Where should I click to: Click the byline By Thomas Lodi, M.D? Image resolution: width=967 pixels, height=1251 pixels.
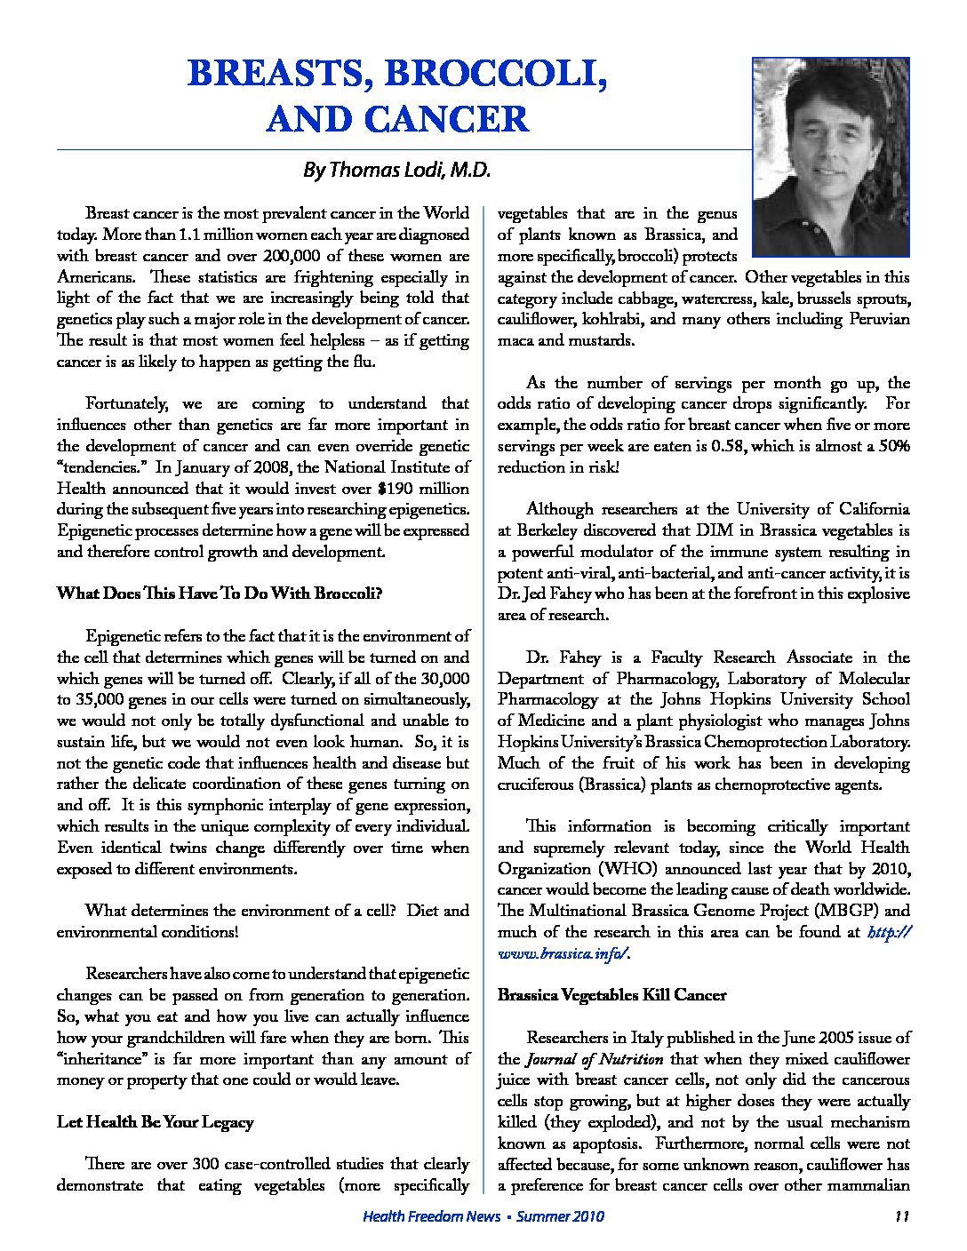pos(396,170)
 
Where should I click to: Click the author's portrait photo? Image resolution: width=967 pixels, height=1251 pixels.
pos(830,157)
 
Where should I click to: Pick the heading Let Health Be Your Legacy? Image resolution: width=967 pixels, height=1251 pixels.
pos(156,1122)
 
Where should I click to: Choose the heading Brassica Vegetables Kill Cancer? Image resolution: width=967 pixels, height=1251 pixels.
pos(611,995)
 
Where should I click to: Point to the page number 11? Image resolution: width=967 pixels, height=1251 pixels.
pos(901,1216)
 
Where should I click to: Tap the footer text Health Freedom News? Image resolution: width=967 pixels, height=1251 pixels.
pos(425,1216)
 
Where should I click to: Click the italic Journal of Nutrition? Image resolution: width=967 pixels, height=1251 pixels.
pos(594,1059)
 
